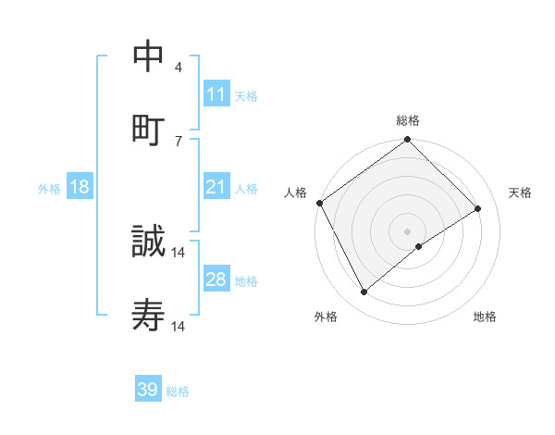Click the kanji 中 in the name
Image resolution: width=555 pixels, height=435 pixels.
point(148,57)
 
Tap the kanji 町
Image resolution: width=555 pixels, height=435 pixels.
point(148,130)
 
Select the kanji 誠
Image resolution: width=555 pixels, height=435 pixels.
point(148,242)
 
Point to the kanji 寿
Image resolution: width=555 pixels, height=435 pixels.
point(148,317)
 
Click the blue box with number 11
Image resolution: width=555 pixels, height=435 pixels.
point(216,94)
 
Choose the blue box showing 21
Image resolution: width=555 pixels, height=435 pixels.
point(216,187)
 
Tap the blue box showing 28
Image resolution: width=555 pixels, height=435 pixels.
point(216,280)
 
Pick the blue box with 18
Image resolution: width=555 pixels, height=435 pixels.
point(80,187)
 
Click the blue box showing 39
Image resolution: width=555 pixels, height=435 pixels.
point(148,390)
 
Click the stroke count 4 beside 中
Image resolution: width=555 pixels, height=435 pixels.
point(179,68)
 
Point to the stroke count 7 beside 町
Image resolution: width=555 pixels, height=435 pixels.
point(179,141)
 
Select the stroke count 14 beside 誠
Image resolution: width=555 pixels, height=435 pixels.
point(179,252)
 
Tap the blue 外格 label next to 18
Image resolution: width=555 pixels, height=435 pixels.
point(49,188)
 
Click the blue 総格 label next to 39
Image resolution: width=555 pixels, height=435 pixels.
point(178,391)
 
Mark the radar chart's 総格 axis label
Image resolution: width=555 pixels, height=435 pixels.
point(408,120)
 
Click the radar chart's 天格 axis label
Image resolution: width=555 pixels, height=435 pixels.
point(520,193)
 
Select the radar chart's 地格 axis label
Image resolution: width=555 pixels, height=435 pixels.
point(485,317)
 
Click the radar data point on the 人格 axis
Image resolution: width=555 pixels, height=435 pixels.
point(319,203)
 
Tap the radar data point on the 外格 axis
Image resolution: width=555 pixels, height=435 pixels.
point(364,292)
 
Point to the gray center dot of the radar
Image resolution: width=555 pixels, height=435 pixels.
point(408,230)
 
